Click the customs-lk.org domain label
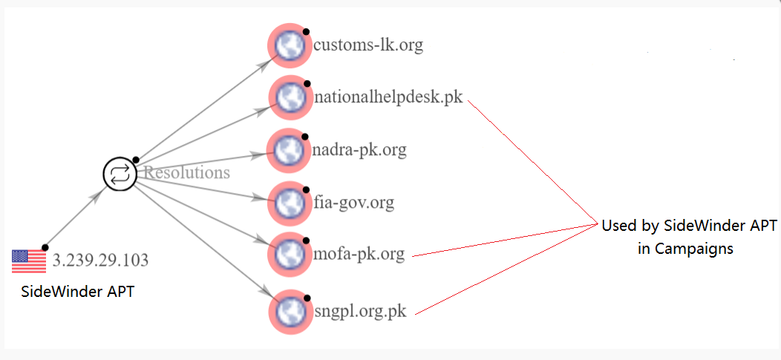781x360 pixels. pos(368,45)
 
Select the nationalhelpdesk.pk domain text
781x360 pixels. pos(388,97)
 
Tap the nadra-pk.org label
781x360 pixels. pos(360,150)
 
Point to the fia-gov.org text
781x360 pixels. pos(353,202)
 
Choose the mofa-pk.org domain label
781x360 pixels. pos(359,255)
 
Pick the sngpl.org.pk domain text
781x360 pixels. pos(360,311)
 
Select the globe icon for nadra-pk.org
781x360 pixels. pos(287,150)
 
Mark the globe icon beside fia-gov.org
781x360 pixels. pos(287,202)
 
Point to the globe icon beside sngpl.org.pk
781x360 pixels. pos(287,311)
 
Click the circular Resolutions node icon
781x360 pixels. pos(119,174)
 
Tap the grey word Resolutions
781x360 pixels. pos(186,173)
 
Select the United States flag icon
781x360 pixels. pos(29,261)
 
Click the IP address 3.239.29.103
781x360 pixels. pos(100,261)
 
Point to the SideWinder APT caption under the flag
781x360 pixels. pos(77,292)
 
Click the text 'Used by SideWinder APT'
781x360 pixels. pos(688,226)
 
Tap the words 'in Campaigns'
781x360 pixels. pos(685,249)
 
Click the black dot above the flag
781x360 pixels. pos(45,247)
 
